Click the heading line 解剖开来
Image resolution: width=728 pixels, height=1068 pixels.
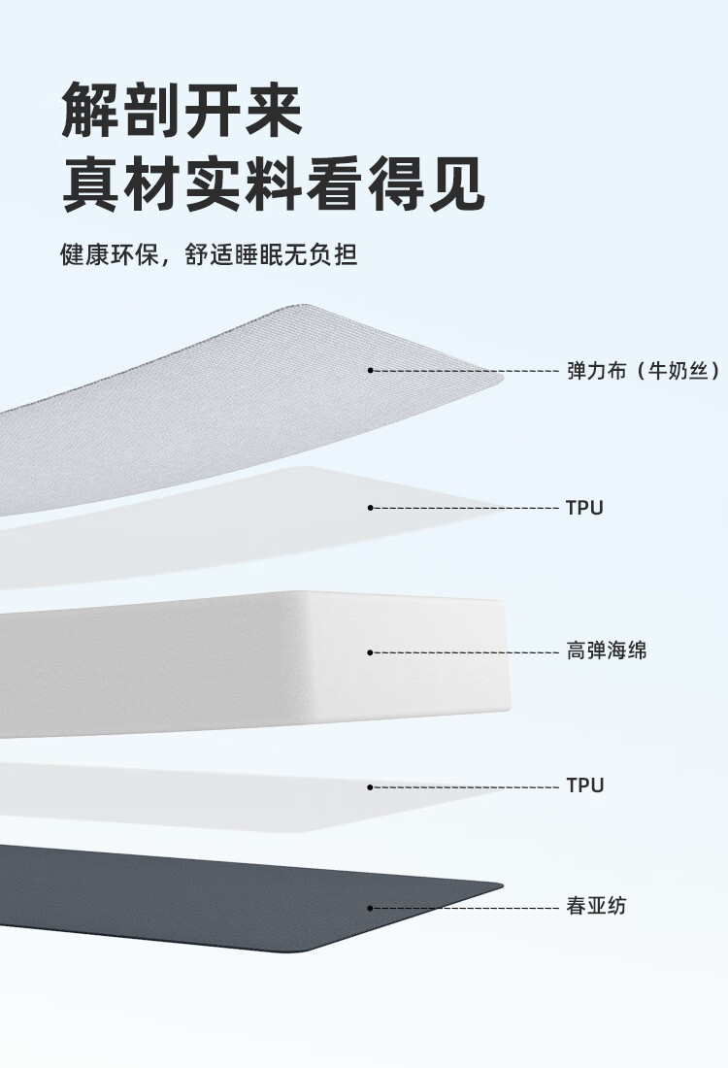(182, 109)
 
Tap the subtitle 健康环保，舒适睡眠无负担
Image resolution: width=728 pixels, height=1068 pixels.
(209, 256)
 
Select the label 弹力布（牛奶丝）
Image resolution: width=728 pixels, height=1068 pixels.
(644, 370)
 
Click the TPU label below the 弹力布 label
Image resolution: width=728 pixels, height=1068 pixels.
(584, 508)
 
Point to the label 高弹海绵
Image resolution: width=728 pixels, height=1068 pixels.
(607, 651)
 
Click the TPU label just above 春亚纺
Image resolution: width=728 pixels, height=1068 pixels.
(584, 785)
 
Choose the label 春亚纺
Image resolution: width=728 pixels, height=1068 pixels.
(596, 907)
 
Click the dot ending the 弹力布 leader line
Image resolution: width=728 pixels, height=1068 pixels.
(370, 370)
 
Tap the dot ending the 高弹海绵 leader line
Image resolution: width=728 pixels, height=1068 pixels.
(370, 652)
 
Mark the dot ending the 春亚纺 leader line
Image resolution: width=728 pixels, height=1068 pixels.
(370, 908)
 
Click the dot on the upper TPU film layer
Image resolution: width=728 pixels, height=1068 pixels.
(370, 508)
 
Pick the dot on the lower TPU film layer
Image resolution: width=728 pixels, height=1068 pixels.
(370, 786)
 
